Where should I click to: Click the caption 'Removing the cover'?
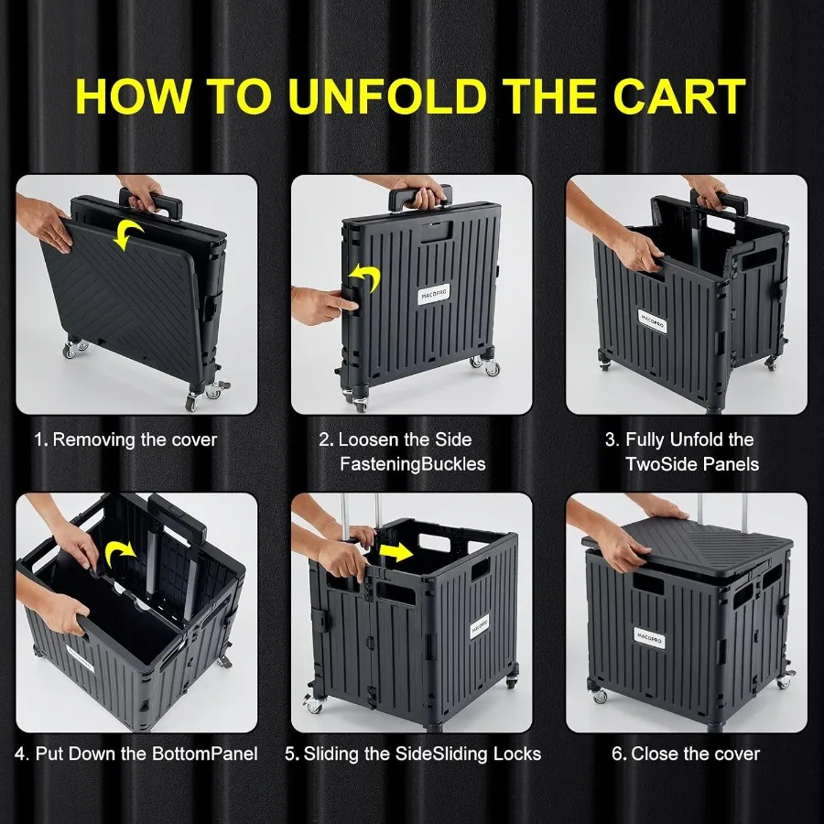(135, 439)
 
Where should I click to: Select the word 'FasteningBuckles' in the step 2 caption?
(413, 464)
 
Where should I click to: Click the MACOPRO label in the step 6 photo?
(649, 635)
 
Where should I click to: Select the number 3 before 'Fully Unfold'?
(611, 439)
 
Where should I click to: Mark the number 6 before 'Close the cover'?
(618, 754)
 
